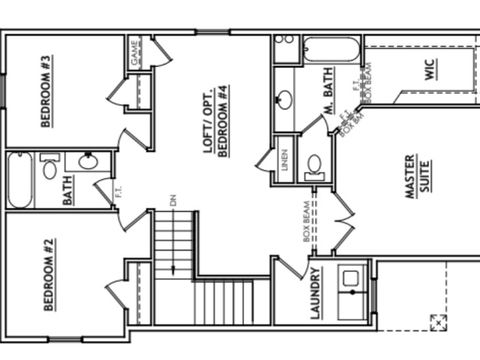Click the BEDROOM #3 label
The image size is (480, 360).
(x=47, y=105)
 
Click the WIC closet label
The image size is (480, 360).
(x=429, y=70)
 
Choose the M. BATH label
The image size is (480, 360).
(x=328, y=95)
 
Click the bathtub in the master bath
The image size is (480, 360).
(x=330, y=49)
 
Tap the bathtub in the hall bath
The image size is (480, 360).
(x=19, y=180)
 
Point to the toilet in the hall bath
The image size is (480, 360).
(x=49, y=167)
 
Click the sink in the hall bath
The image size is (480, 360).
(x=87, y=160)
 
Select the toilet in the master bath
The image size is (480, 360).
(x=313, y=165)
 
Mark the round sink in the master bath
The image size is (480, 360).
(x=285, y=99)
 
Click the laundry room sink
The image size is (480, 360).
(x=351, y=277)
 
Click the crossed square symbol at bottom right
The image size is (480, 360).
(x=437, y=322)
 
